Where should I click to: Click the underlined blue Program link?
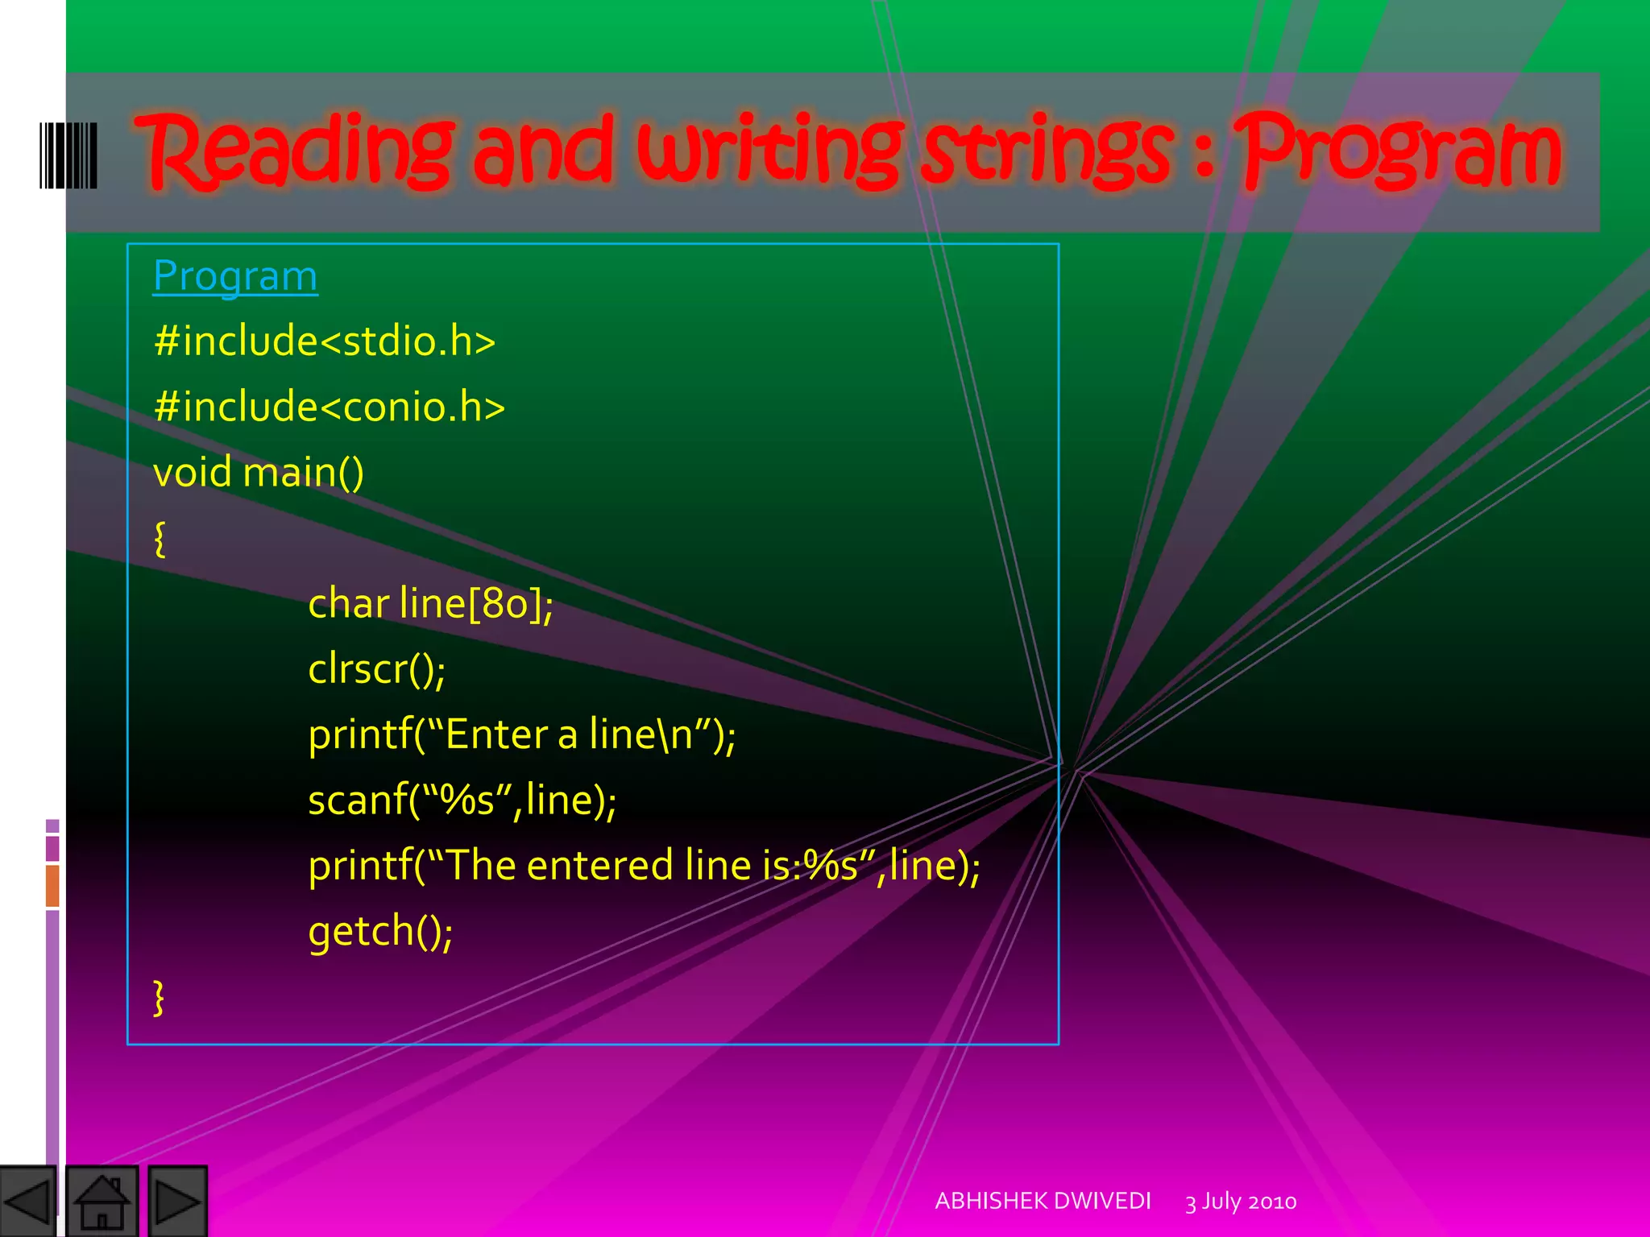tap(235, 276)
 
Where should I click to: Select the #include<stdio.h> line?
tap(325, 341)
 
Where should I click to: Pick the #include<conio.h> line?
tap(329, 406)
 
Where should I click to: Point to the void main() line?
tap(258, 472)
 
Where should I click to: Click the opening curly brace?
tap(160, 538)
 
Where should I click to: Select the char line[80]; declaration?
tap(430, 604)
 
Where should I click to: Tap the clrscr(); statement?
tap(376, 669)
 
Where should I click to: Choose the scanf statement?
tap(462, 801)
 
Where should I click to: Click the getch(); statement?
tap(380, 932)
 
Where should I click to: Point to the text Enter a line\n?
tap(569, 734)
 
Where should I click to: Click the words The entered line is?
tap(620, 866)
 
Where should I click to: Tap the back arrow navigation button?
tap(28, 1202)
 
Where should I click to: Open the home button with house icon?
tap(102, 1202)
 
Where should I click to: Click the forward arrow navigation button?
tap(177, 1202)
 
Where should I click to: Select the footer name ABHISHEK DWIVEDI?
tap(1043, 1201)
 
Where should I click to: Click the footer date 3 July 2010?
tap(1241, 1202)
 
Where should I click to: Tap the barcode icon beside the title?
tap(68, 155)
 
